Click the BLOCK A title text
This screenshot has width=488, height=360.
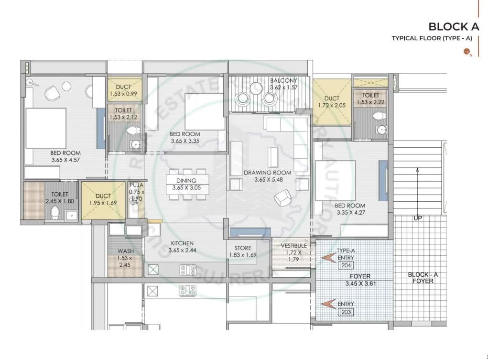pos(450,26)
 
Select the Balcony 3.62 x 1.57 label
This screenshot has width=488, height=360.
pos(283,84)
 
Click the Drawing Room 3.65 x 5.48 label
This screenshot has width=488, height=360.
pos(267,175)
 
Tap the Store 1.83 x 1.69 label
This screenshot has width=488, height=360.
pos(242,251)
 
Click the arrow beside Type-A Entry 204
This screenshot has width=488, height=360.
pos(328,259)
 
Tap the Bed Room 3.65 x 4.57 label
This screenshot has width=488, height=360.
pos(65,156)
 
